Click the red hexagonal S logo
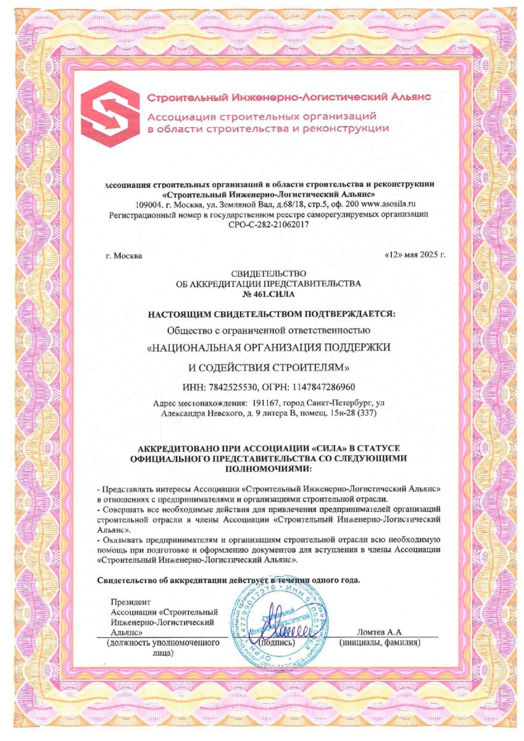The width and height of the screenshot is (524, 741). (x=110, y=114)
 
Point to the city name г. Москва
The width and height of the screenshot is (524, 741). (x=123, y=255)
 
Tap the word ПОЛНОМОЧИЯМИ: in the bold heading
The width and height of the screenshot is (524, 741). (x=264, y=470)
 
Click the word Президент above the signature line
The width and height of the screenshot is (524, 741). (x=130, y=602)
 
